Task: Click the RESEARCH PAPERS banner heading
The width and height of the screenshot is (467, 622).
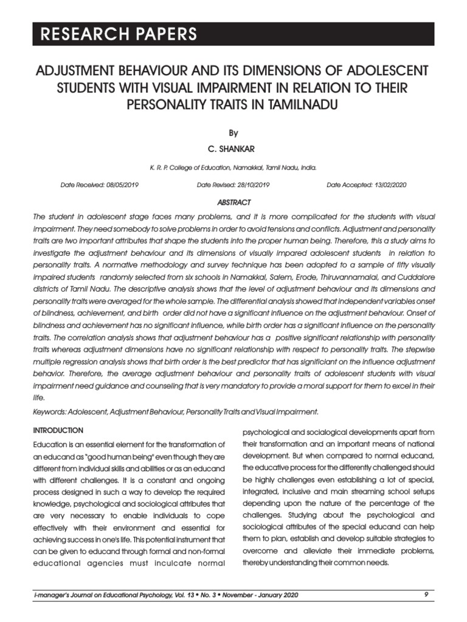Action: pos(119,34)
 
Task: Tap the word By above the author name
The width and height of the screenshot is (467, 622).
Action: pos(233,133)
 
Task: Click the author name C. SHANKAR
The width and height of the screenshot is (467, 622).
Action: pos(233,149)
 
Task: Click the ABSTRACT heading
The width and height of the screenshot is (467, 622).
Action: pos(233,202)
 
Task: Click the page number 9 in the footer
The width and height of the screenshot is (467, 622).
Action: pos(426,594)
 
